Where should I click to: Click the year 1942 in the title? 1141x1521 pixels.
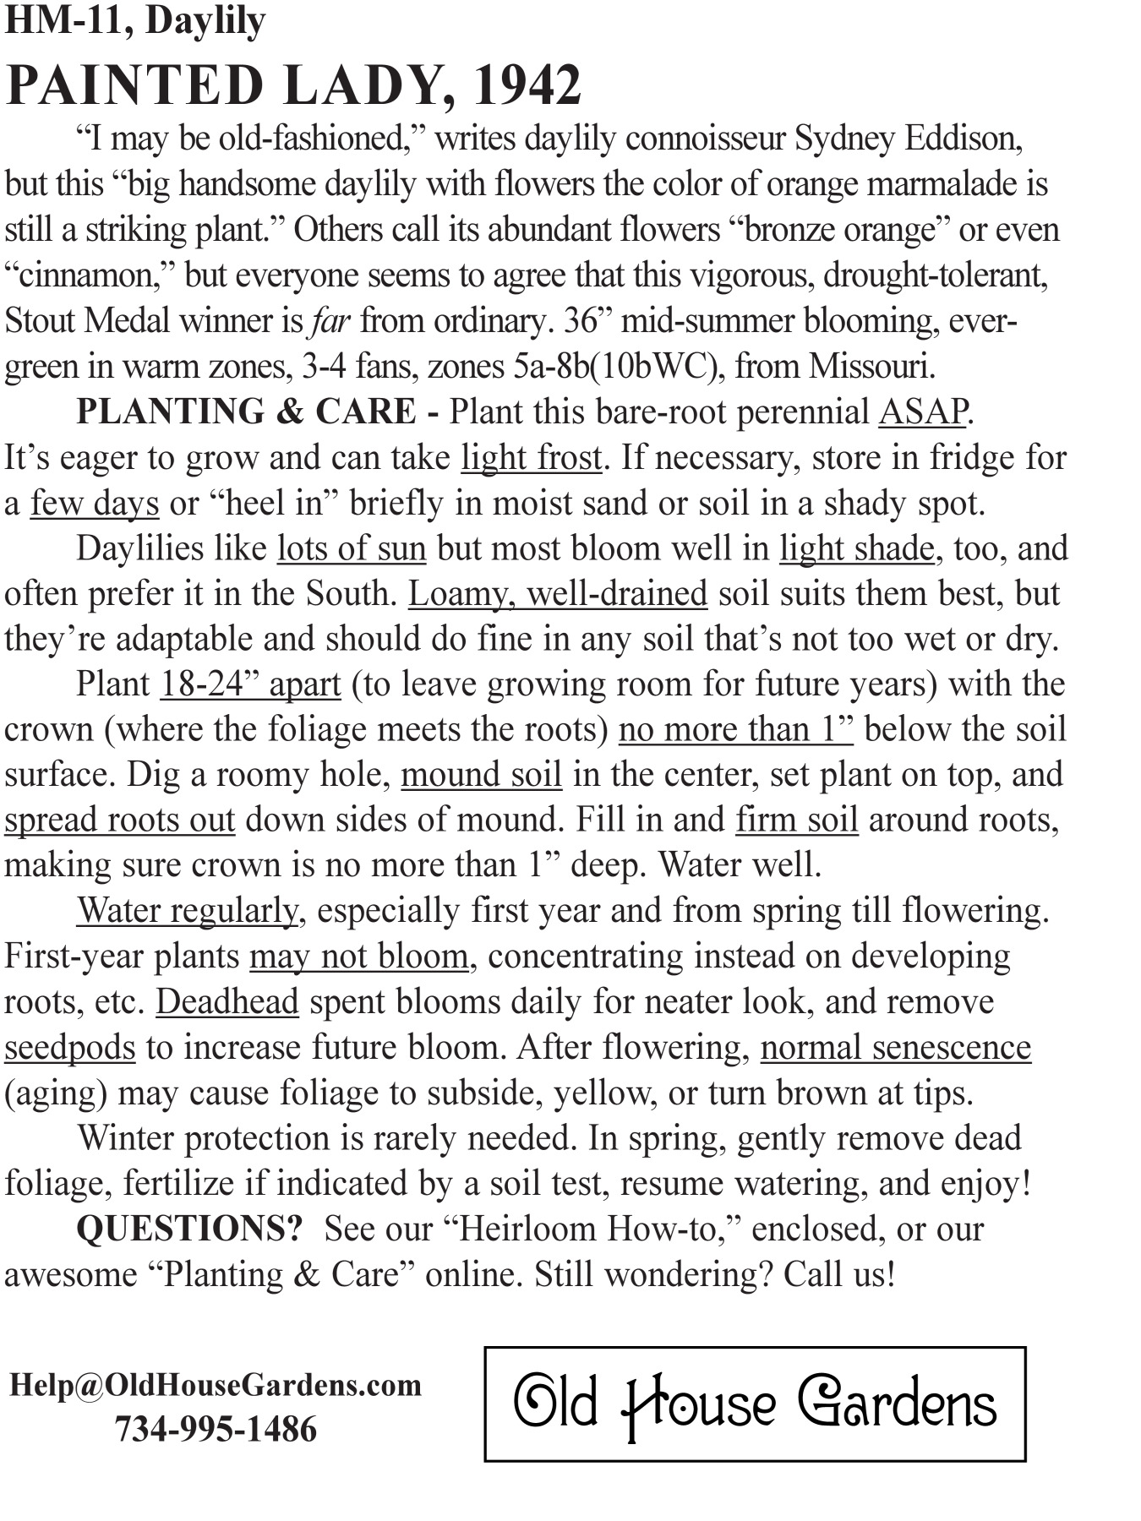(527, 84)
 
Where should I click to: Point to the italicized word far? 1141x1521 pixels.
(330, 321)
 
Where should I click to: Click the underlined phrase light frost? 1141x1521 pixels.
(531, 458)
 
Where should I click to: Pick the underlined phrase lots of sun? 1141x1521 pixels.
(352, 549)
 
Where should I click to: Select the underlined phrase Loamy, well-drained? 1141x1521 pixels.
(558, 594)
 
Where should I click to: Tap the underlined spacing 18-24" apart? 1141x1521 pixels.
(250, 684)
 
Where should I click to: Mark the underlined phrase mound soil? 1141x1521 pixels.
(481, 775)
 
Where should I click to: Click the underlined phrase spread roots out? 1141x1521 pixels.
(119, 820)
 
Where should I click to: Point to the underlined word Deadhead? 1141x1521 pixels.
(227, 1002)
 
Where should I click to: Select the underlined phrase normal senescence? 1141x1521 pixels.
(896, 1048)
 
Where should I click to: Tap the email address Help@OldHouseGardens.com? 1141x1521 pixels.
(216, 1386)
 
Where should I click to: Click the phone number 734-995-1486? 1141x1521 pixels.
(216, 1430)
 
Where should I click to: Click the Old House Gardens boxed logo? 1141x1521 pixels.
(755, 1404)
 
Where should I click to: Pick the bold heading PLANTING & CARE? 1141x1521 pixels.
(246, 412)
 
